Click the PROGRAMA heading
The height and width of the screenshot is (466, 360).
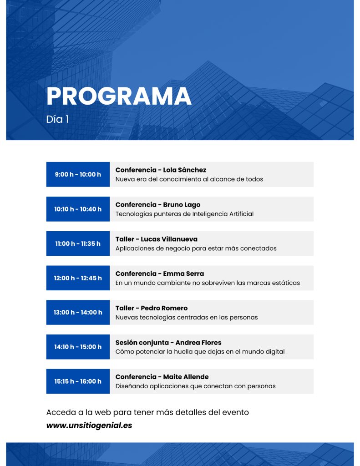point(119,96)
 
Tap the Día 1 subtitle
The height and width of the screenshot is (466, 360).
point(58,120)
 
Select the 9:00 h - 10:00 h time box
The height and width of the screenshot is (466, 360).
point(78,174)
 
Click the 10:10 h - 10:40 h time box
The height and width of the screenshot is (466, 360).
point(78,209)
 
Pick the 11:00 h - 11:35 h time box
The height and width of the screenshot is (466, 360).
point(78,243)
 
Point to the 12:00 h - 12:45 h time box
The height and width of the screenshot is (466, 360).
point(78,278)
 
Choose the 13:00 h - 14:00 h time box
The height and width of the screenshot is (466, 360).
point(78,312)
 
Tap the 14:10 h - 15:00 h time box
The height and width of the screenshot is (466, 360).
point(78,347)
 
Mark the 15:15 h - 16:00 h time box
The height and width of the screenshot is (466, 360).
point(78,381)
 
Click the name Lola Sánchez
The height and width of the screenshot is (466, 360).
point(185,170)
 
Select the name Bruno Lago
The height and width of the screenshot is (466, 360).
point(182,205)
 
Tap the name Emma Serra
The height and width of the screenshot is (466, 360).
point(183,274)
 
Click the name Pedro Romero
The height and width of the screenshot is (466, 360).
point(164,308)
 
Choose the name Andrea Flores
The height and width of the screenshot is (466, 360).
point(198,343)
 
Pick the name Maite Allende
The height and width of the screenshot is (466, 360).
point(186,377)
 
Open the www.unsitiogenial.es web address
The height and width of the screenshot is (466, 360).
point(89,425)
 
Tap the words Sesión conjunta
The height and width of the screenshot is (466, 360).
point(142,343)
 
